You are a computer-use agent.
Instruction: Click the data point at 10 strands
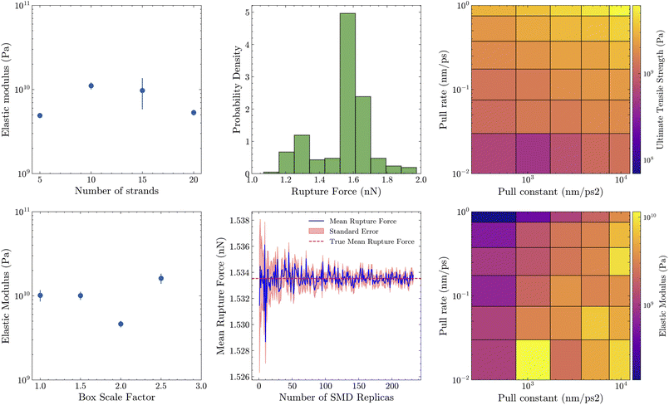91,85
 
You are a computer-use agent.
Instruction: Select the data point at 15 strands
142,90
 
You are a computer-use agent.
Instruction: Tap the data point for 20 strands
194,112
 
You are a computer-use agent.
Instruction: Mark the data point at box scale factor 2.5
161,278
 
